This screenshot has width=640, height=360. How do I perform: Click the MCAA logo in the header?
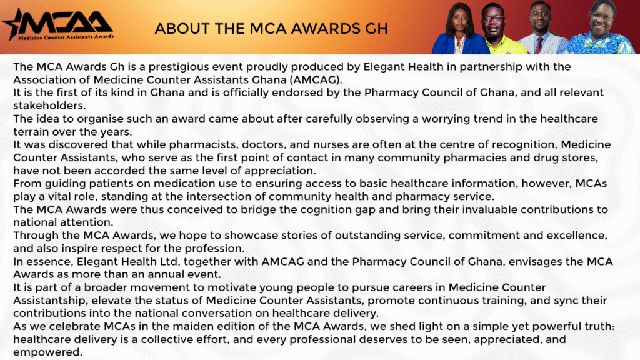click(58, 25)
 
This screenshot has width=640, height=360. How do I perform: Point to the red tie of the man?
click(539, 45)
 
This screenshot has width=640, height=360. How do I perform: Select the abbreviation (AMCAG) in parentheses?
click(316, 79)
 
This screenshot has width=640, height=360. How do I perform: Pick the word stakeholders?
click(49, 106)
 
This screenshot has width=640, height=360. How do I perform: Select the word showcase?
click(249, 236)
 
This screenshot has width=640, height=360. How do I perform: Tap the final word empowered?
click(47, 352)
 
